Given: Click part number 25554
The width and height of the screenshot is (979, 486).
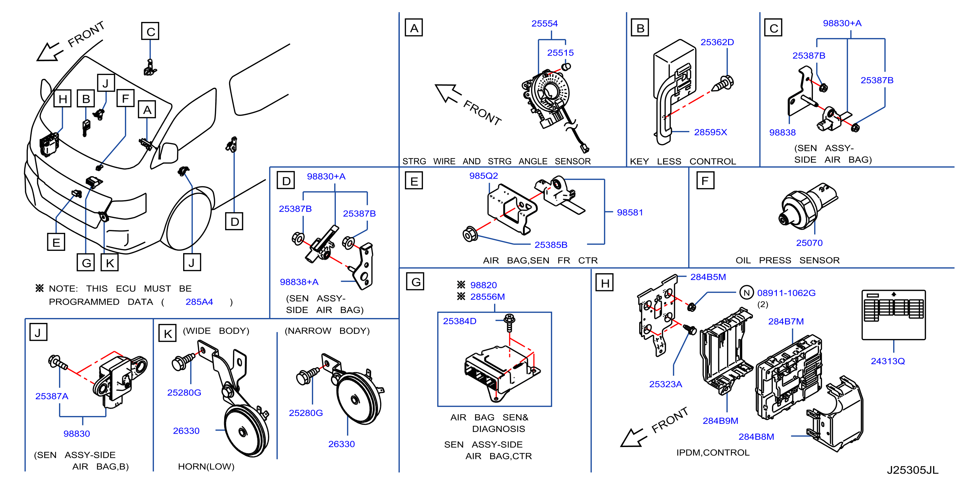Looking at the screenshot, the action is [x=544, y=24].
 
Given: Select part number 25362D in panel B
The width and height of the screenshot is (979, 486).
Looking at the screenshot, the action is [x=717, y=42].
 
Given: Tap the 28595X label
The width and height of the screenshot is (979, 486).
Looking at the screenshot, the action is [x=710, y=132].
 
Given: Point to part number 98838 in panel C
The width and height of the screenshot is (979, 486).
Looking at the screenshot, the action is [x=782, y=133].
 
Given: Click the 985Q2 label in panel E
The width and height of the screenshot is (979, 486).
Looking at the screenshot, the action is [x=483, y=176].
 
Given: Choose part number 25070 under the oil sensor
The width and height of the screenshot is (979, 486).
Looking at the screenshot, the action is [x=809, y=243].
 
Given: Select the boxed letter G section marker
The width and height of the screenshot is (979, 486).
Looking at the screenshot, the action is [x=415, y=281].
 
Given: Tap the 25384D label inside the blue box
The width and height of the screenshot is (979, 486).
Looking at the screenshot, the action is [x=459, y=321].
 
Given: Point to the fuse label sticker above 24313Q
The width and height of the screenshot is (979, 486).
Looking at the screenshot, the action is [x=893, y=315].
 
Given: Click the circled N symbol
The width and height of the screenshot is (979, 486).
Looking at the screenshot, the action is [x=746, y=292].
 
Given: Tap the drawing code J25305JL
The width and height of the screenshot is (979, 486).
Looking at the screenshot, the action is [x=912, y=470].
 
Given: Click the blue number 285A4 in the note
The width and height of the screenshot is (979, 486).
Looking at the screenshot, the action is [x=199, y=302].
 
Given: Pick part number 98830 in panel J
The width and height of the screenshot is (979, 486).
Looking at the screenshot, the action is [x=76, y=434].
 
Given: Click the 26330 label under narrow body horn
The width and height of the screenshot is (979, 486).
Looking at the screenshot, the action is [x=341, y=444].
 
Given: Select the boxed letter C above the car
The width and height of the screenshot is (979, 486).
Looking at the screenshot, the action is [x=150, y=31].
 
